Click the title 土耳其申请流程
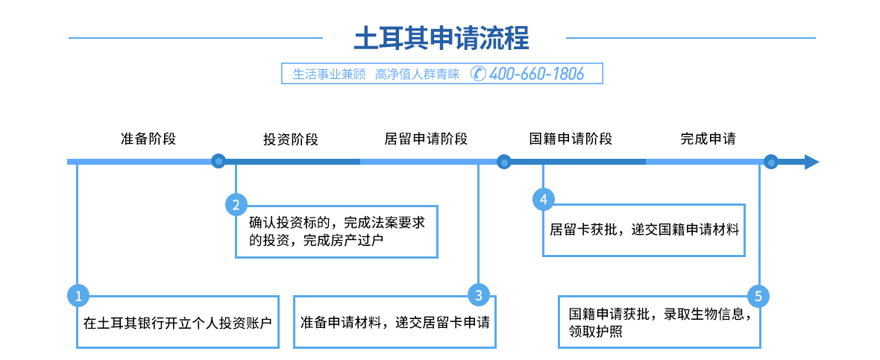pos(441,37)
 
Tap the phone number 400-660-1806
pos(537,74)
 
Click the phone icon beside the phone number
pos(479,74)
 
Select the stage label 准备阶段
pos(148,139)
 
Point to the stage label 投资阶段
pos(290,139)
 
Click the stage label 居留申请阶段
pos(426,139)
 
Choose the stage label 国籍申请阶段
pos(571,139)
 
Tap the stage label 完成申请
pos(708,139)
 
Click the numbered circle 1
pos(78,296)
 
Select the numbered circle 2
pos(236,204)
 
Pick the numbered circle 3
pos(479,295)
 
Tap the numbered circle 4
pos(543,199)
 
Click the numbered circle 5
pos(758,296)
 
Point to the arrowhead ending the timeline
pos(811,162)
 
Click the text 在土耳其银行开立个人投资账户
pos(177,323)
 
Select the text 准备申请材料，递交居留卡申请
pos(395,323)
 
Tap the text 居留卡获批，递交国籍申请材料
pos(644,230)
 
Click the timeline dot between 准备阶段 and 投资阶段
pos(218,161)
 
